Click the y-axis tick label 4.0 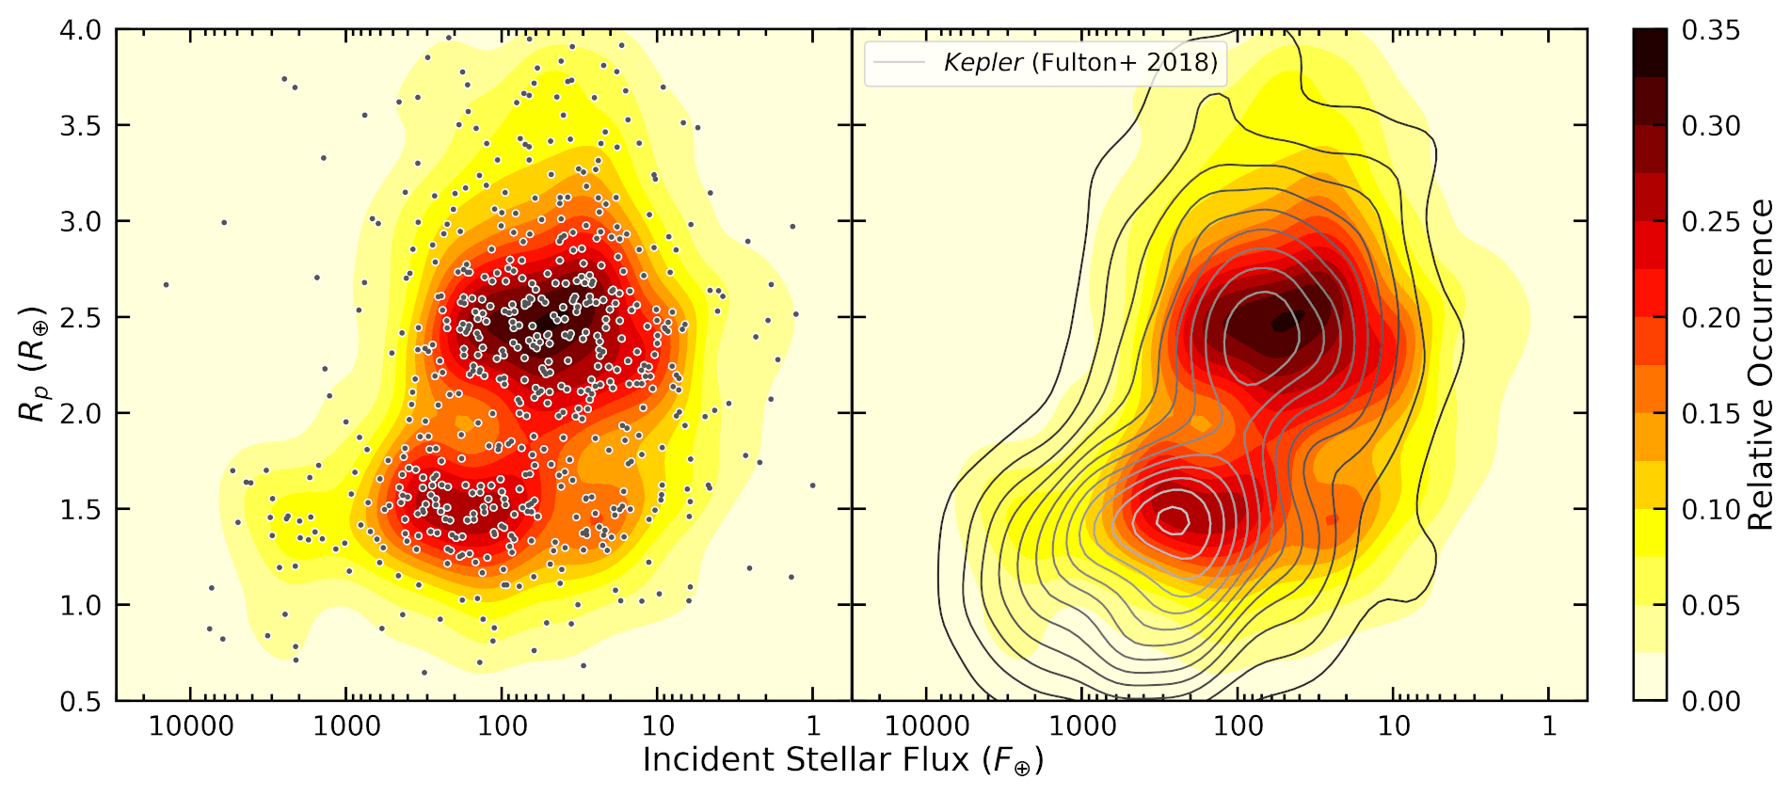80,30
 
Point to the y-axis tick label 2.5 80,318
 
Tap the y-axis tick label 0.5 80,702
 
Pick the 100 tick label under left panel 502,726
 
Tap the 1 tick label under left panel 813,726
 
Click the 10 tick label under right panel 1394,726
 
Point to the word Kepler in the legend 983,63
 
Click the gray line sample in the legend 899,63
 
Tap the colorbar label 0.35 1710,30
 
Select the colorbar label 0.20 1710,318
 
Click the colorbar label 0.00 1710,702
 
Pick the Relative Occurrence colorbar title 1760,365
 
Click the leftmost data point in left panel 166,284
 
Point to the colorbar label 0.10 1710,510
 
